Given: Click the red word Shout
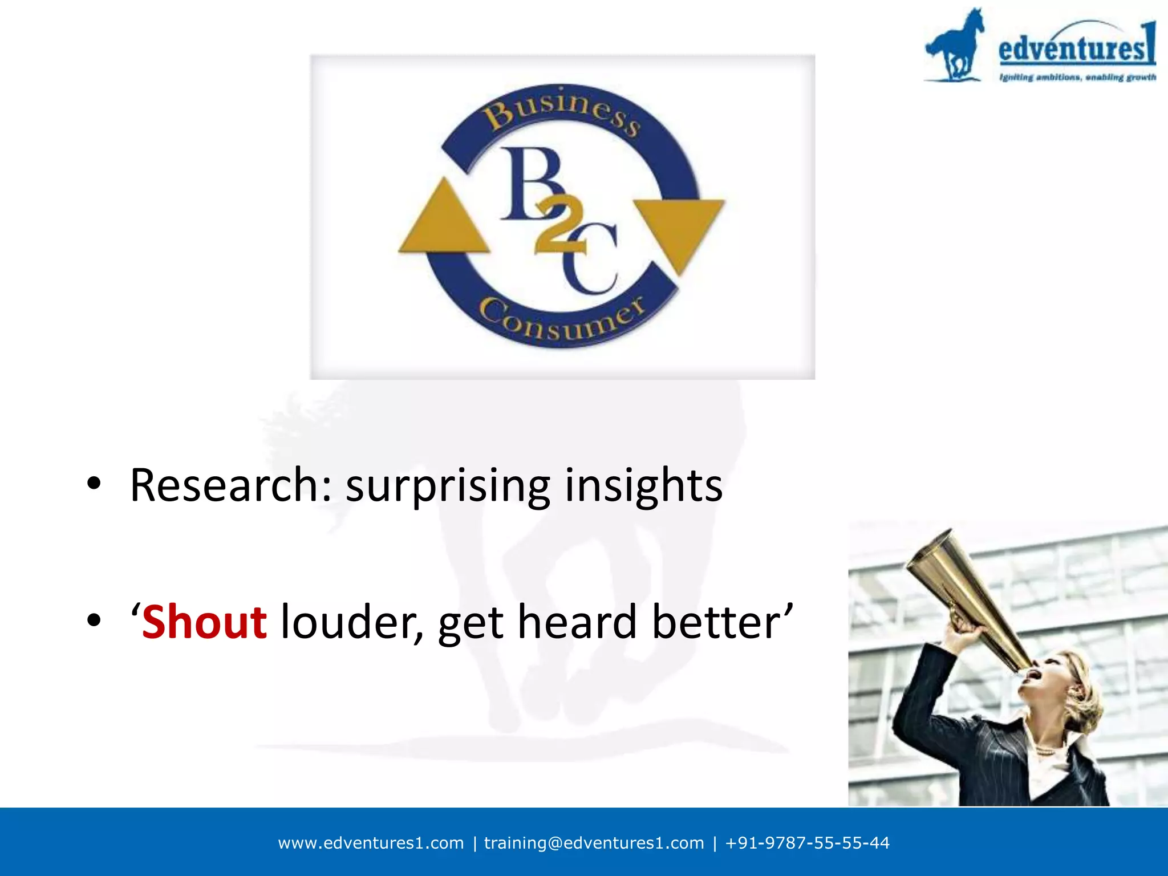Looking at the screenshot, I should pos(204,622).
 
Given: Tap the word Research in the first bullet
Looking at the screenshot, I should pos(223,485).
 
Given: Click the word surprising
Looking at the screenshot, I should pos(448,485).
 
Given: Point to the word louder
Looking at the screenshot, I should pos(352,622).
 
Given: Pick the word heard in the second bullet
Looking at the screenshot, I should pos(577,622).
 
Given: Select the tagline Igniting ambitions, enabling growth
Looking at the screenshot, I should pos(1077,78).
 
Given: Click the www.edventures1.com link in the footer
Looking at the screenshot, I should pos(371,843).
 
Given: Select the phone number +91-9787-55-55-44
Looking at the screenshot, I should pos(807,843).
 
